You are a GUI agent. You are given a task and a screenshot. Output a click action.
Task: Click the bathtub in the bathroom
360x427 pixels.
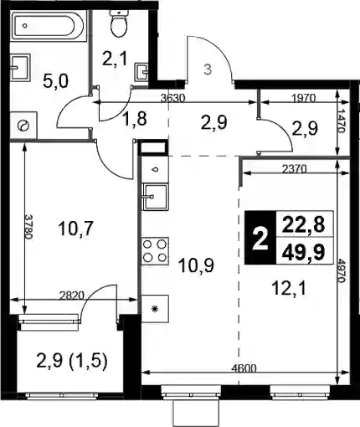tap(48, 26)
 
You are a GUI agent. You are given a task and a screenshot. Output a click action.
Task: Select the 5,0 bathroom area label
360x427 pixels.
tap(56, 82)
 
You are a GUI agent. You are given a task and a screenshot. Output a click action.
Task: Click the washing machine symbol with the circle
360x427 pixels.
tap(23, 126)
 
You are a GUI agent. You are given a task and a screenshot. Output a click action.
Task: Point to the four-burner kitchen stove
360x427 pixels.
tap(155, 251)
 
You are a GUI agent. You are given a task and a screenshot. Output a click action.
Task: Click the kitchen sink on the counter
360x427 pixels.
tap(155, 197)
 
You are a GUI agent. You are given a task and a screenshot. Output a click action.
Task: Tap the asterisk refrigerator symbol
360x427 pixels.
tap(155, 309)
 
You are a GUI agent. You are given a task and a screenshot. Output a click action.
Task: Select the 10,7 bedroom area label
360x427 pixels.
tap(75, 229)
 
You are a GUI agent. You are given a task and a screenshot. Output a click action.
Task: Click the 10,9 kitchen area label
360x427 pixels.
tap(197, 265)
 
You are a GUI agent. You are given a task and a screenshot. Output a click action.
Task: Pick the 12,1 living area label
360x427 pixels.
tap(289, 289)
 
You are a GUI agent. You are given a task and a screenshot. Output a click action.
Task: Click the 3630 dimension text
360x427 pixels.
tap(173, 98)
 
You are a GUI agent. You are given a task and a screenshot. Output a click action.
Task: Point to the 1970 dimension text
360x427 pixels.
tap(303, 98)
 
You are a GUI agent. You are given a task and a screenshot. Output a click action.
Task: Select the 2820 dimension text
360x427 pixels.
tap(72, 296)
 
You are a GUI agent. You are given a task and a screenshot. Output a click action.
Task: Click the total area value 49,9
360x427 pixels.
tap(303, 254)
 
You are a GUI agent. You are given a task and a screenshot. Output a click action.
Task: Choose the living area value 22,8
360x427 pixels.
tap(303, 225)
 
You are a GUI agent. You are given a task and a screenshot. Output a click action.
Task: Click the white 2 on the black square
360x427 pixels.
tap(260, 239)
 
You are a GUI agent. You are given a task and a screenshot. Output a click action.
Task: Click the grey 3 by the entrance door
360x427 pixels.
tap(208, 69)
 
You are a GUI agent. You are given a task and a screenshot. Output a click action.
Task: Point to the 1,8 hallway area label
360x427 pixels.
tap(134, 120)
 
